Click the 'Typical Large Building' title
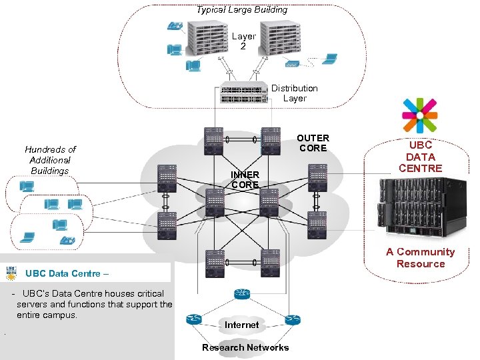click(x=241, y=10)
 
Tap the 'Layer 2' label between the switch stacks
click(x=243, y=41)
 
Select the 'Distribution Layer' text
click(x=294, y=93)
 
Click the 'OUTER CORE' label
click(x=313, y=143)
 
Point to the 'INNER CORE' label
click(x=245, y=179)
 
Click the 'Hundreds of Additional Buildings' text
click(x=50, y=160)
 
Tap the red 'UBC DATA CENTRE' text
click(x=420, y=157)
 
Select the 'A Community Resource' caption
click(x=420, y=257)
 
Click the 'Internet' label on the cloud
click(x=241, y=325)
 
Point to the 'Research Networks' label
click(x=245, y=347)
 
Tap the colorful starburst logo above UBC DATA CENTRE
click(x=419, y=116)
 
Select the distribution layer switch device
click(x=244, y=94)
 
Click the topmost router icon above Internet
click(x=241, y=294)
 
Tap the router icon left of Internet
click(x=194, y=319)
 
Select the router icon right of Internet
click(x=292, y=319)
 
